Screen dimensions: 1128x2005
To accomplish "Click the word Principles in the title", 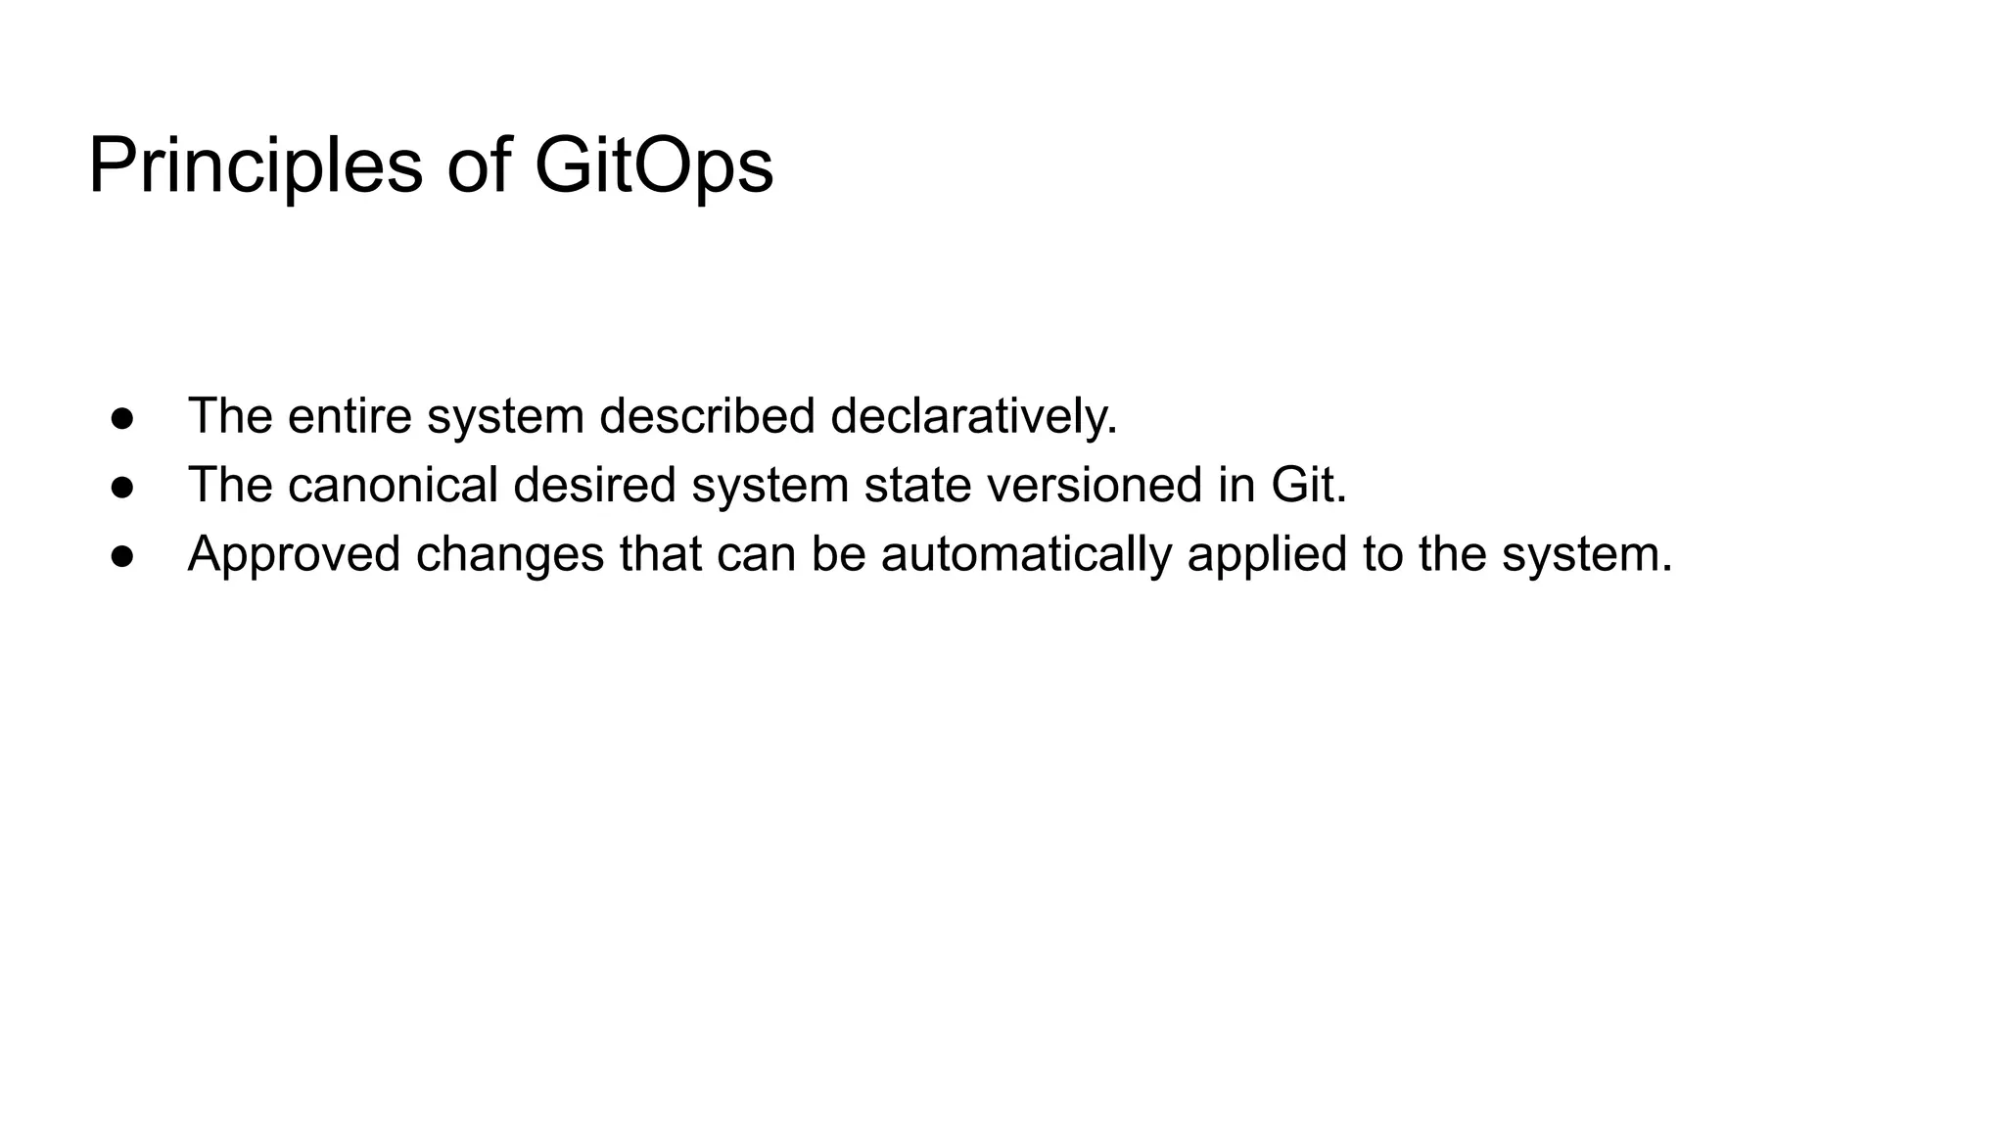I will coord(256,166).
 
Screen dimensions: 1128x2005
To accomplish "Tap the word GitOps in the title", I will coord(654,166).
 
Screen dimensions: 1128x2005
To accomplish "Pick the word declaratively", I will coord(973,416).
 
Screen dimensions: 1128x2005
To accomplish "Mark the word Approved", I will coord(294,554).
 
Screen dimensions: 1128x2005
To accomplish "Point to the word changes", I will coord(510,554).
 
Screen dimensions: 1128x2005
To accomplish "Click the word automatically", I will coord(1026,554).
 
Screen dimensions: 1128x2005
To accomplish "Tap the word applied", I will coord(1267,554).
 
